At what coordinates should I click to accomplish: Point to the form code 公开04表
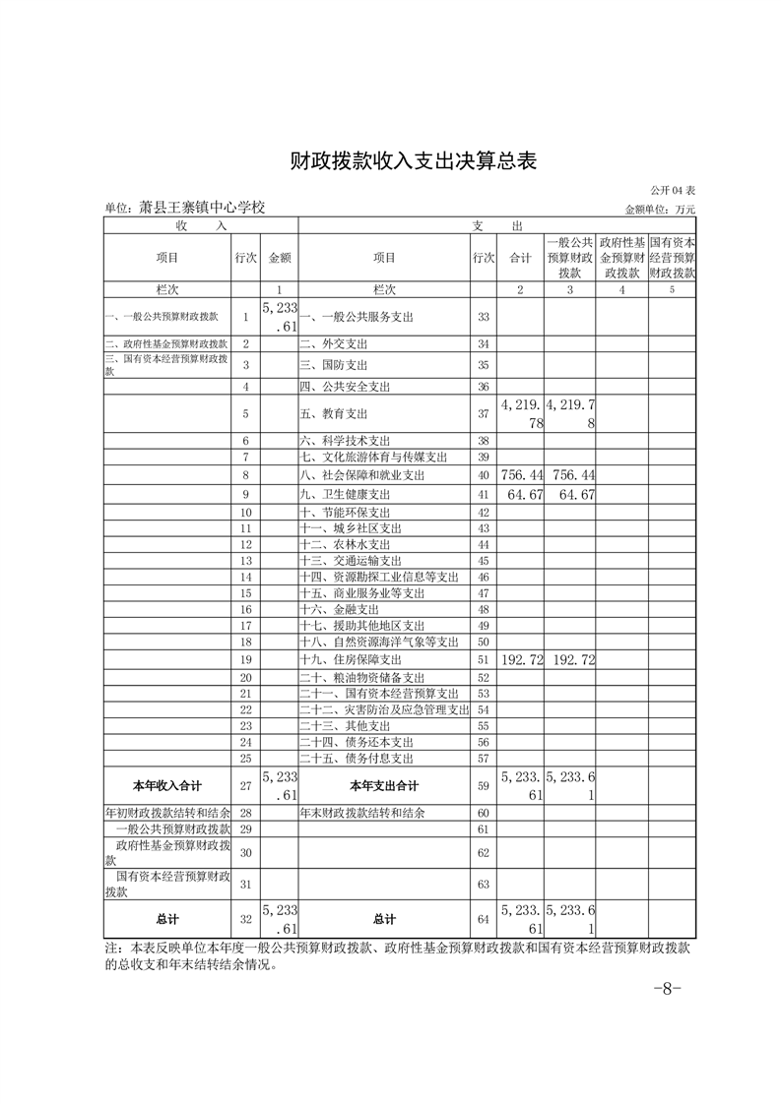pyautogui.click(x=673, y=189)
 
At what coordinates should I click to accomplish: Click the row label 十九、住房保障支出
pyautogui.click(x=351, y=659)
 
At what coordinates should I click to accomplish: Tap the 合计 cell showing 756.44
pyautogui.click(x=521, y=475)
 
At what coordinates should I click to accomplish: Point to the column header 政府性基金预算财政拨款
pyautogui.click(x=622, y=258)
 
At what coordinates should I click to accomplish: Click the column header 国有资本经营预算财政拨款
pyautogui.click(x=672, y=258)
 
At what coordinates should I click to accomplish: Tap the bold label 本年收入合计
pyautogui.click(x=167, y=786)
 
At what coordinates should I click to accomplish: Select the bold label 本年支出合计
pyautogui.click(x=384, y=786)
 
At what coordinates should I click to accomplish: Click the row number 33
pyautogui.click(x=483, y=317)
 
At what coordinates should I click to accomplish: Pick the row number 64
pyautogui.click(x=483, y=919)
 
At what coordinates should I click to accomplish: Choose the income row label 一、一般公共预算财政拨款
pyautogui.click(x=163, y=317)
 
